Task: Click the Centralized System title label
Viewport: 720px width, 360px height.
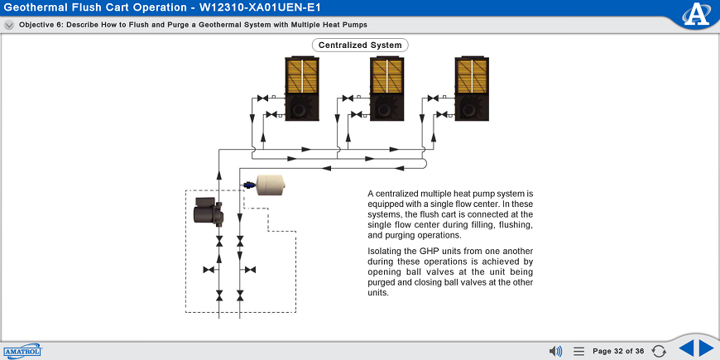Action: coord(360,45)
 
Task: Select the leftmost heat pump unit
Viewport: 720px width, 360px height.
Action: coord(302,89)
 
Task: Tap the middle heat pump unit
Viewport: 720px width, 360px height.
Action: coord(386,89)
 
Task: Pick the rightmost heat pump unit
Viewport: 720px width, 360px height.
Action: coord(472,89)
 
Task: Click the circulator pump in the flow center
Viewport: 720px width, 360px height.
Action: coord(208,212)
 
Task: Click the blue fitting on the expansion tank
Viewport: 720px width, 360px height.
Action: coord(249,185)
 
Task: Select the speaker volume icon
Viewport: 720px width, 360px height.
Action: coord(555,351)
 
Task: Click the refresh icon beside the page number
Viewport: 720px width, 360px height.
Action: coord(659,351)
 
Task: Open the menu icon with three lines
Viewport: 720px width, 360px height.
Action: coord(579,351)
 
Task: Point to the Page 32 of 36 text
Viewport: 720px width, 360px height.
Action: coord(618,351)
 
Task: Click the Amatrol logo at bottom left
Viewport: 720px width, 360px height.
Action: coord(22,351)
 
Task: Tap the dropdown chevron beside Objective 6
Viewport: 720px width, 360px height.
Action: coord(9,26)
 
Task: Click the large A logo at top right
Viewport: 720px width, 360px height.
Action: coord(696,15)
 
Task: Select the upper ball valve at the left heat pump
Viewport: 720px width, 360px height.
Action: coord(262,98)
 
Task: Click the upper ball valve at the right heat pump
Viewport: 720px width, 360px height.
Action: coord(433,98)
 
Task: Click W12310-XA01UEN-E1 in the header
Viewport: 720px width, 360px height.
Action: coord(260,7)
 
